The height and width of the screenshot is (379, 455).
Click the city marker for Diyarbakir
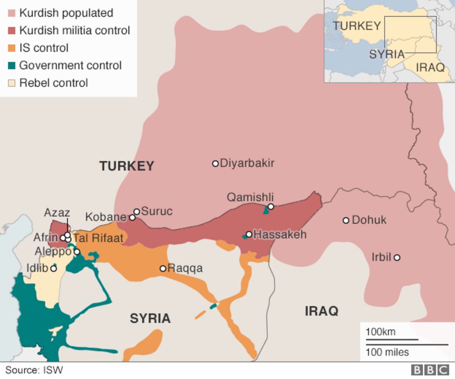coord(215,164)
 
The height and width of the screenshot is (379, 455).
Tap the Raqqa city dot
coord(163,269)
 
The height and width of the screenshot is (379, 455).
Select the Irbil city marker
coord(397,257)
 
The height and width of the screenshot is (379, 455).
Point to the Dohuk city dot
coord(346,221)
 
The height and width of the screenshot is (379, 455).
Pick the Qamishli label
coord(250,197)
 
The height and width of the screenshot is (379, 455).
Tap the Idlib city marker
coord(54,269)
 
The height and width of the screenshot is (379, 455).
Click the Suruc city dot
coord(137,212)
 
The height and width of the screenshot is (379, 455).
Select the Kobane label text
coord(106,217)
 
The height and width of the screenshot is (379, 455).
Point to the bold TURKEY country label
coord(126,166)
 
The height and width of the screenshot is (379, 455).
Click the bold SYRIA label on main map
coord(150,319)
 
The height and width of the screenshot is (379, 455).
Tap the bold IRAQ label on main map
coord(322,311)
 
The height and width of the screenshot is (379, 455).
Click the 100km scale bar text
coord(380,332)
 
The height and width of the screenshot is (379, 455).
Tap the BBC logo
coord(429,370)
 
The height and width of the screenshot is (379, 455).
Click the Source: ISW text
coord(34,371)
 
